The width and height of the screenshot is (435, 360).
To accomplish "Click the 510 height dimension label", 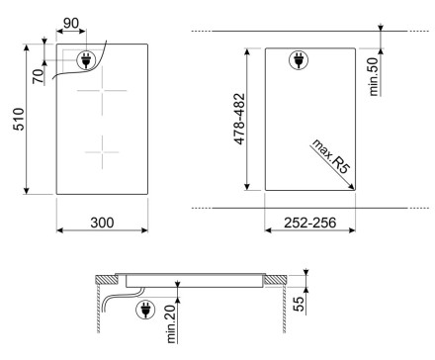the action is tap(18, 119).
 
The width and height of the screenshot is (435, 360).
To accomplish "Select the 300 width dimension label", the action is tap(102, 223).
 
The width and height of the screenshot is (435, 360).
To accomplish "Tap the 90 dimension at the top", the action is tap(71, 24).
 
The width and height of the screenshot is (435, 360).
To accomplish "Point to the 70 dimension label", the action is tap(39, 76).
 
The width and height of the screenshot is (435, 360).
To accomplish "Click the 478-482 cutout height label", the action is tap(239, 119).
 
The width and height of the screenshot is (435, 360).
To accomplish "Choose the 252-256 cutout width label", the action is tap(309, 223).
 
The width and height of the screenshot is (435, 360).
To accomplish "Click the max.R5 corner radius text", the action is tap(330, 156).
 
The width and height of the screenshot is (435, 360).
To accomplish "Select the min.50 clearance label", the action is tap(374, 77).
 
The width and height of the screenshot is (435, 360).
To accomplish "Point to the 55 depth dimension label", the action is tap(299, 304).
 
